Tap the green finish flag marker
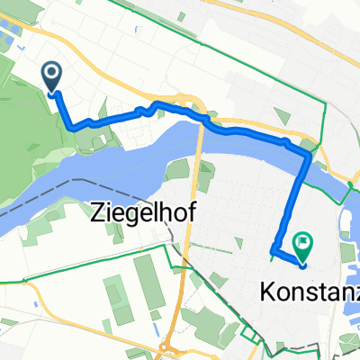302,240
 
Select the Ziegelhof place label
144,214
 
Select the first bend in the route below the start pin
71,127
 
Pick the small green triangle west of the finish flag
238,243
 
